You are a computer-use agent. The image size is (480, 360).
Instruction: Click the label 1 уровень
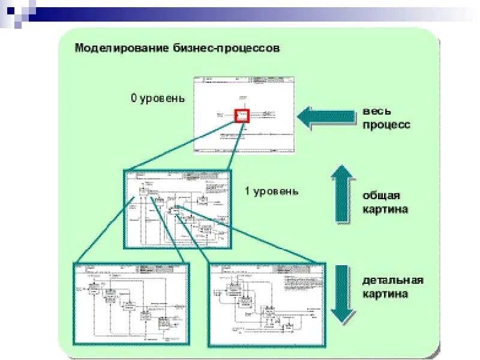click(271, 191)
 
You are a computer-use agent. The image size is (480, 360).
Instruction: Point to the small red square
click(242, 115)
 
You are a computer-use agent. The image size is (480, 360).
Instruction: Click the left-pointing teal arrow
click(326, 117)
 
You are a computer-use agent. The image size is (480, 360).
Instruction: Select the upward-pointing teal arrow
click(343, 193)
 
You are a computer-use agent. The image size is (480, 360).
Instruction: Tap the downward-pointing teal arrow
click(343, 294)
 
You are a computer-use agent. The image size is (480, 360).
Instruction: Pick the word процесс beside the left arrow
click(386, 125)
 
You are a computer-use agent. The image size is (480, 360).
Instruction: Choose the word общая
click(381, 196)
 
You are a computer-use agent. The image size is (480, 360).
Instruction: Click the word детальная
click(392, 281)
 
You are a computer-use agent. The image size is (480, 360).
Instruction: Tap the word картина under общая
click(385, 209)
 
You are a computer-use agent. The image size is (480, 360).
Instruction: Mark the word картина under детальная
click(385, 294)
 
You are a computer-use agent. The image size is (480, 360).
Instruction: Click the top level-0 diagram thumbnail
click(244, 116)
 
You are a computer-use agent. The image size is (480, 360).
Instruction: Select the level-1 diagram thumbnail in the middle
click(178, 208)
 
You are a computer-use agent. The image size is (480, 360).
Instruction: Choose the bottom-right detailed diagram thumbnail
click(266, 304)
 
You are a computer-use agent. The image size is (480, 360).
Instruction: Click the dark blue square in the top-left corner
click(10, 10)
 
